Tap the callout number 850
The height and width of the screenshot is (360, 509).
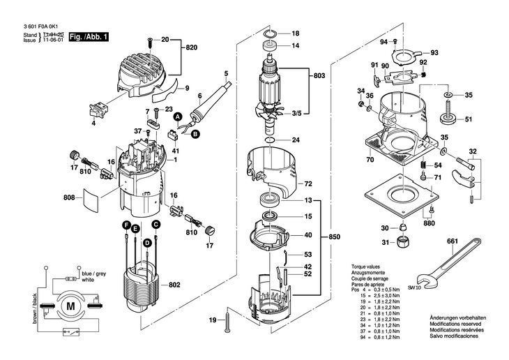(335, 237)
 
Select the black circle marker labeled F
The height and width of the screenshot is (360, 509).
(126, 225)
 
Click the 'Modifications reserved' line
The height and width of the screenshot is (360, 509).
(450, 325)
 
